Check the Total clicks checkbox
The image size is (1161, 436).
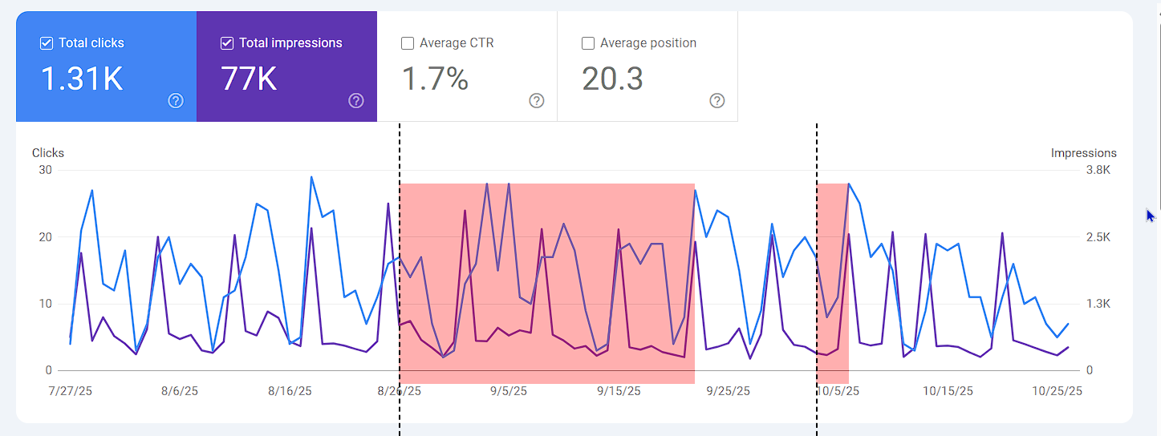(47, 43)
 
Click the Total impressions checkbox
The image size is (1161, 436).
(227, 43)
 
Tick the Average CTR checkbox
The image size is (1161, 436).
(408, 43)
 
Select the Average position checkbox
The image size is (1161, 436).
(588, 43)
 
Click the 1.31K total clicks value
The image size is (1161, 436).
(82, 79)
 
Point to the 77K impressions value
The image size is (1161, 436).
(249, 79)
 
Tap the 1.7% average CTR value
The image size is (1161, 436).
(434, 79)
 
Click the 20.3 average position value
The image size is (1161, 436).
(612, 79)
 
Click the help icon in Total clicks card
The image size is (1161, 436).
(176, 101)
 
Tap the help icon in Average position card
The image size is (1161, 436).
(717, 101)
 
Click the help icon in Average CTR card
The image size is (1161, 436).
(537, 101)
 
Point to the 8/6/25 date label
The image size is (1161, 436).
(180, 391)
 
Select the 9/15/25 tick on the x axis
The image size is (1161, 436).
(619, 391)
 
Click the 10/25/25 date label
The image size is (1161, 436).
(1057, 391)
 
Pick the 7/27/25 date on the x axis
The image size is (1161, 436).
(71, 391)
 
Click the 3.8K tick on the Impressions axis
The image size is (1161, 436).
(1098, 170)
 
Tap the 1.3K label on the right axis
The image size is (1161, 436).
(1098, 304)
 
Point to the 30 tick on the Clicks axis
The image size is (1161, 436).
(45, 170)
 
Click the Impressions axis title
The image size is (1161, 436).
(1083, 153)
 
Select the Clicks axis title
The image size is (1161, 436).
(48, 153)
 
